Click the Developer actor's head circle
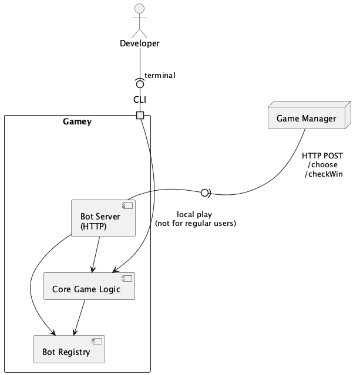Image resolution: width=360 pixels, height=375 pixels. click(x=139, y=8)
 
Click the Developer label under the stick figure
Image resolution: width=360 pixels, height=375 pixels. click(x=139, y=43)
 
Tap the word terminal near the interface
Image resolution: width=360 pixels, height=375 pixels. click(x=160, y=75)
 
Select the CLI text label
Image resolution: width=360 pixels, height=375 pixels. click(x=139, y=100)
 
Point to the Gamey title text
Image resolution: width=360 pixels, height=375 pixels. click(x=77, y=121)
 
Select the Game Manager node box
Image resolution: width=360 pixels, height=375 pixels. click(x=305, y=119)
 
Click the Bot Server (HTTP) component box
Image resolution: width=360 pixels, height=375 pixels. click(x=103, y=218)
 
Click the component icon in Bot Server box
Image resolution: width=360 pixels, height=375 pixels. click(x=126, y=206)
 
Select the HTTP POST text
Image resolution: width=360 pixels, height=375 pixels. click(x=322, y=156)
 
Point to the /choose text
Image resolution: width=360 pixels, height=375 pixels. click(x=322, y=165)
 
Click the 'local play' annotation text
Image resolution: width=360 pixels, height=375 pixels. click(x=194, y=214)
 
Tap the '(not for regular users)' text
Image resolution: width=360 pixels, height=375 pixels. click(x=195, y=224)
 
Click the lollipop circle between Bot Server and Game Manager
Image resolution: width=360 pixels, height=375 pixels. click(x=205, y=192)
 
